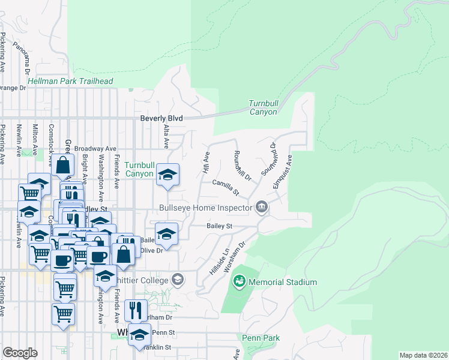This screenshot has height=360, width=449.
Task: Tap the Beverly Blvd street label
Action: [x=161, y=119]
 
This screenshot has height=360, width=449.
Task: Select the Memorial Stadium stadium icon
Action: [x=240, y=281]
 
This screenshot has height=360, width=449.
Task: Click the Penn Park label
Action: [x=261, y=338]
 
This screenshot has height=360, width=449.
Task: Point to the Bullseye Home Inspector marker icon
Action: [x=262, y=208]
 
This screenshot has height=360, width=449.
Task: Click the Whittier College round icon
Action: [x=178, y=279]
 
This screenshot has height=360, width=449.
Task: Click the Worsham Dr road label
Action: [x=236, y=256]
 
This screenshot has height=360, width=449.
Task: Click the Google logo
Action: [x=20, y=353]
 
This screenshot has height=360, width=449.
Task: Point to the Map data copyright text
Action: [x=423, y=355]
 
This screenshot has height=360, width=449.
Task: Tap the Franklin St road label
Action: [x=157, y=347]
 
